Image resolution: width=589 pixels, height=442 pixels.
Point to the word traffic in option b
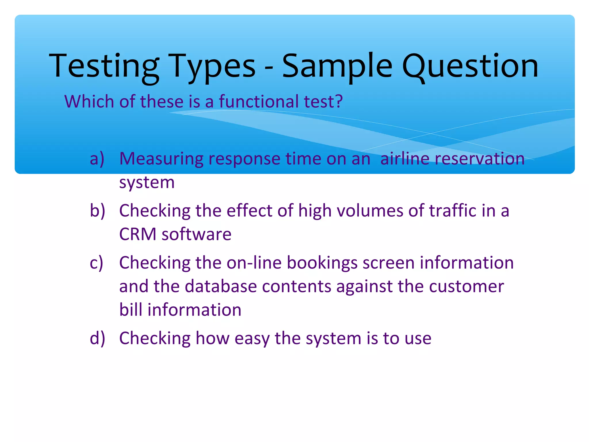tap(453, 211)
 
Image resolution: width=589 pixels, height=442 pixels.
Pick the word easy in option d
tap(252, 339)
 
